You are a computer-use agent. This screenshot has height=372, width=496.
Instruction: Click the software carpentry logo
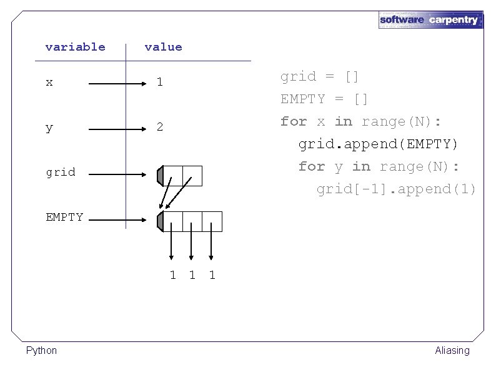pyautogui.click(x=430, y=19)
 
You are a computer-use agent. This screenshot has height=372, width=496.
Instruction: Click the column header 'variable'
pyautogui.click(x=76, y=47)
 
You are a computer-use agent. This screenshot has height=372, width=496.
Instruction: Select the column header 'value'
pyautogui.click(x=163, y=47)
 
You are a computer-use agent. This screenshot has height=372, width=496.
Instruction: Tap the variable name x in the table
pyautogui.click(x=49, y=82)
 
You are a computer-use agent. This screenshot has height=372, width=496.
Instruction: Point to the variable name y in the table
pyautogui.click(x=49, y=128)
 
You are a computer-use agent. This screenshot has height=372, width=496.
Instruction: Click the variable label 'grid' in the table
pyautogui.click(x=60, y=172)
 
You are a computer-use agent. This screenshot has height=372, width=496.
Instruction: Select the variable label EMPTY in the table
pyautogui.click(x=64, y=217)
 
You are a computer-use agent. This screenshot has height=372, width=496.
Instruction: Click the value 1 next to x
pyautogui.click(x=160, y=82)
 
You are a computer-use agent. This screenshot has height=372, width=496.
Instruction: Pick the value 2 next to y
pyautogui.click(x=160, y=127)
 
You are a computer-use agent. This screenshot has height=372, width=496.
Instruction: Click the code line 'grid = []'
pyautogui.click(x=319, y=76)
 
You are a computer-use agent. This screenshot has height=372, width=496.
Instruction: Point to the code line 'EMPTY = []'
pyautogui.click(x=324, y=99)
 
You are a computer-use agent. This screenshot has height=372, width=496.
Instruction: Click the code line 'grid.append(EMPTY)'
pyautogui.click(x=378, y=144)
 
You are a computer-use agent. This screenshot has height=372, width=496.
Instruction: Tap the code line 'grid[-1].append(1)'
pyautogui.click(x=396, y=189)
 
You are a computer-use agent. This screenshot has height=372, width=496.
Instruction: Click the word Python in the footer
pyautogui.click(x=41, y=350)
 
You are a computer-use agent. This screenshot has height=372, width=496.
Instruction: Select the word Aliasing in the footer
pyautogui.click(x=452, y=350)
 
